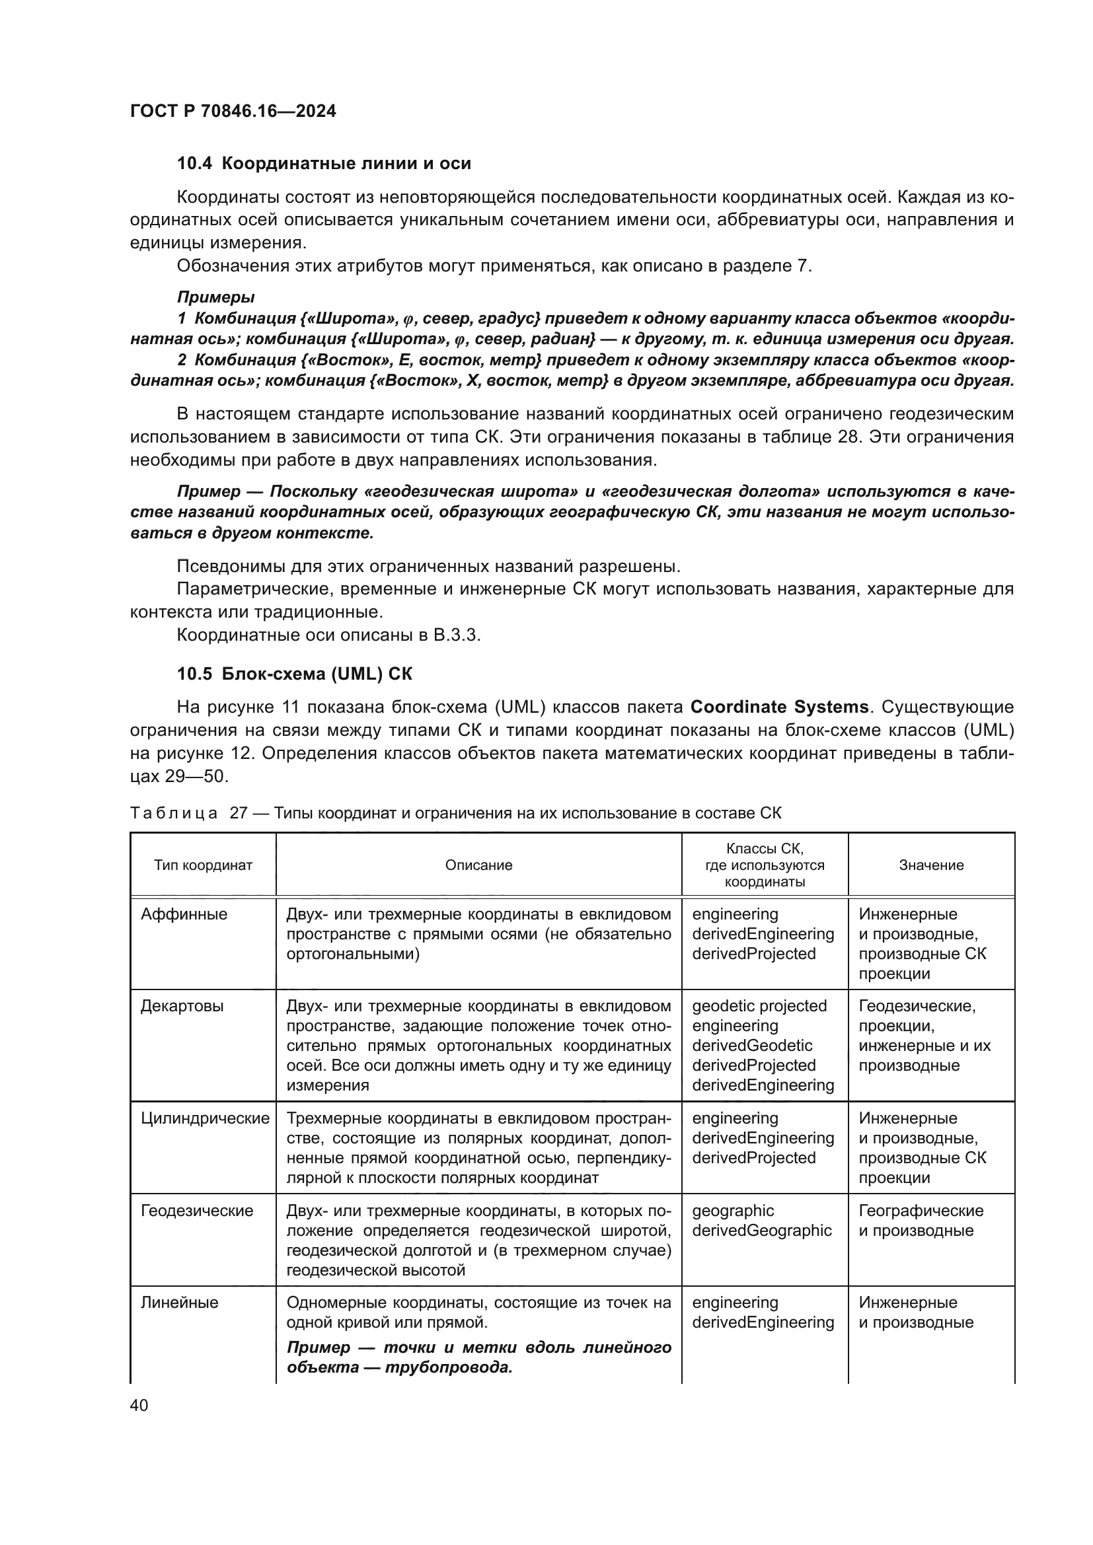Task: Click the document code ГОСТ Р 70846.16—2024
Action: [233, 111]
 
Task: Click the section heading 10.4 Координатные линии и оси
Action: [324, 164]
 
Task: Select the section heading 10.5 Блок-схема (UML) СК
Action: [294, 674]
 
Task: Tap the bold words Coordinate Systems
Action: [779, 707]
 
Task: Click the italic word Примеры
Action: [215, 297]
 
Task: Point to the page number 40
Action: [139, 1405]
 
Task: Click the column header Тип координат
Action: [203, 865]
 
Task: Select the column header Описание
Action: [478, 865]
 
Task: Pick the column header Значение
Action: [931, 865]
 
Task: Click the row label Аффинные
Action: [184, 914]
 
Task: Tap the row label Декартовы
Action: [182, 1006]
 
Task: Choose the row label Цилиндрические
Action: [205, 1118]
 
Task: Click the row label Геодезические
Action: [196, 1211]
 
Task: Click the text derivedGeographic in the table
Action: [761, 1230]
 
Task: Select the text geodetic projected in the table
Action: [759, 1006]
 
